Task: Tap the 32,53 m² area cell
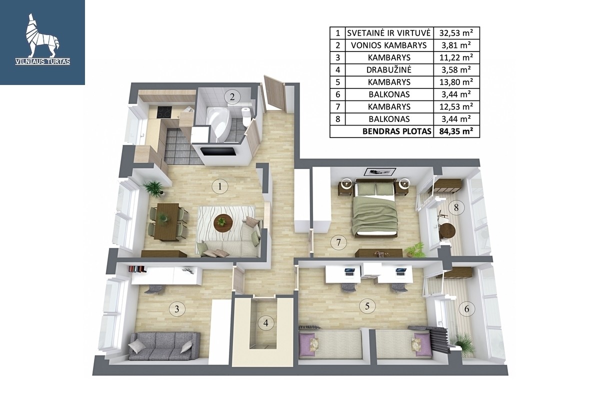click(x=456, y=33)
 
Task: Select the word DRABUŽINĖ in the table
click(x=389, y=70)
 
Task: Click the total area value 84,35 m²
click(x=456, y=131)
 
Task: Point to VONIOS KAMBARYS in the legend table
click(x=389, y=45)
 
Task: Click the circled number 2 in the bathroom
click(x=232, y=96)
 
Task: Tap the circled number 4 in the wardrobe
click(x=265, y=323)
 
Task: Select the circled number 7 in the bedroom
click(x=338, y=242)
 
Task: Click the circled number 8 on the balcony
click(x=456, y=207)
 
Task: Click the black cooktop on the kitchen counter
click(x=163, y=112)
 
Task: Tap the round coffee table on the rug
click(x=223, y=223)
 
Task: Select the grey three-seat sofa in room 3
click(x=164, y=346)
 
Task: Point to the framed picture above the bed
click(x=380, y=171)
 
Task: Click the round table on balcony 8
click(x=447, y=231)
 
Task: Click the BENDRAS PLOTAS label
click(x=396, y=131)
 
